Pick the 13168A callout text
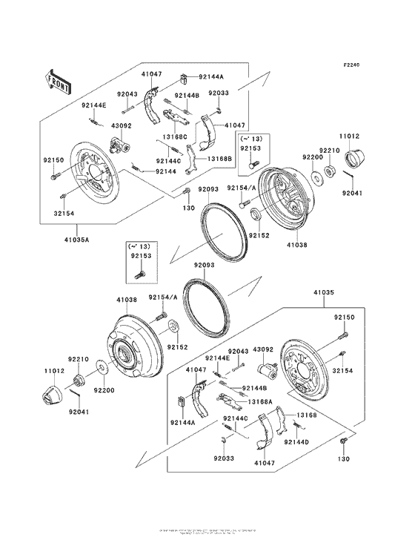point(259,401)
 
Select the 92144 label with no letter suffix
point(166,171)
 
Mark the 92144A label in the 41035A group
point(210,76)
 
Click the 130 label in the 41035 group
point(342,460)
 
